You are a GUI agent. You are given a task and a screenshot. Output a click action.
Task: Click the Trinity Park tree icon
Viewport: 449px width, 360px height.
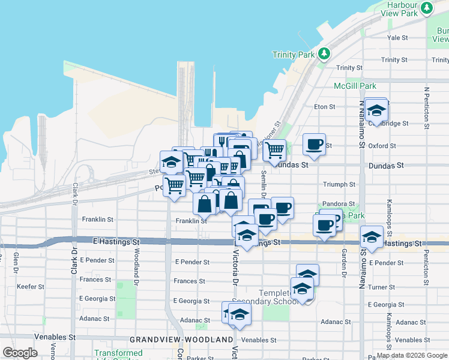(x=324, y=54)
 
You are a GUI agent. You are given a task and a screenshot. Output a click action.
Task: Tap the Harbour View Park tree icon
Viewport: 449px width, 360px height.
(x=427, y=8)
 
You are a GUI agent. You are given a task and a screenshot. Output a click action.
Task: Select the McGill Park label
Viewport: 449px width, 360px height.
(x=354, y=86)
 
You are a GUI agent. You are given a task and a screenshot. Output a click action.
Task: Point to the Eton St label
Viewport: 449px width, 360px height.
(x=324, y=107)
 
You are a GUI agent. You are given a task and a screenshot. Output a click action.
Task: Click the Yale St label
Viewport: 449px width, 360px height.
(x=397, y=37)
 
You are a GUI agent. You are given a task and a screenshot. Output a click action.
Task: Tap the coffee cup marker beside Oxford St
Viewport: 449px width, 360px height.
(x=314, y=144)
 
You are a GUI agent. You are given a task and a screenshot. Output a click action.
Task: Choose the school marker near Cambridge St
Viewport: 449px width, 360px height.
(x=376, y=110)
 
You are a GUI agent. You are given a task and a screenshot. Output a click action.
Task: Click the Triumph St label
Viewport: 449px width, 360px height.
(x=339, y=185)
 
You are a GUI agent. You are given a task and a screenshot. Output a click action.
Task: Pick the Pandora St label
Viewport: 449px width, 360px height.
(x=339, y=204)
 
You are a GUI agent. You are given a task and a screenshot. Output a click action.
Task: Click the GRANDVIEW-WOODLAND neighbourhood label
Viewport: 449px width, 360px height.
(x=181, y=340)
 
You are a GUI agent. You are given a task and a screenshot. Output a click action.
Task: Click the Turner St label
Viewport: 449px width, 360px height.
(x=382, y=287)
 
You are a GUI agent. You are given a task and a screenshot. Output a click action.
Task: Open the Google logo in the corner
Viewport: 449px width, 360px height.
(x=20, y=352)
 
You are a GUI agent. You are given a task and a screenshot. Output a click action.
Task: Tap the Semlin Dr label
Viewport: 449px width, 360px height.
(x=264, y=183)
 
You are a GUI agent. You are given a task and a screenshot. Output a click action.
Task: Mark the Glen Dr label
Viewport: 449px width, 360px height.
(x=16, y=263)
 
